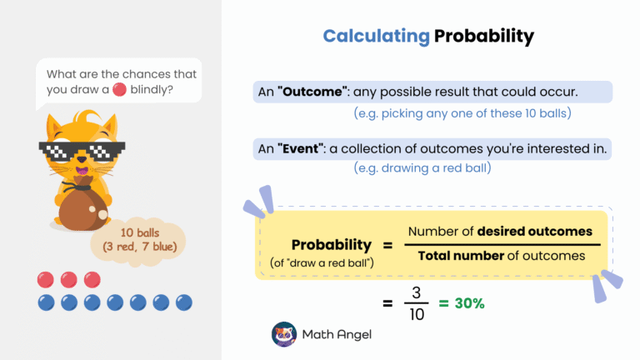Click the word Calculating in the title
click(x=376, y=37)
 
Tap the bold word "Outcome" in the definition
click(x=308, y=92)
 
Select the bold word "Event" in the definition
click(x=300, y=149)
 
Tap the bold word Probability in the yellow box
click(x=332, y=245)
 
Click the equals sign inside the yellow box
click(x=387, y=245)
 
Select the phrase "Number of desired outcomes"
click(x=499, y=231)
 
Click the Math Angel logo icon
click(x=284, y=334)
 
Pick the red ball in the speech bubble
click(x=119, y=88)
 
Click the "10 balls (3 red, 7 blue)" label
click(x=139, y=239)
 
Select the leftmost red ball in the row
click(x=46, y=279)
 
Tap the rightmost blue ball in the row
click(x=183, y=302)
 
